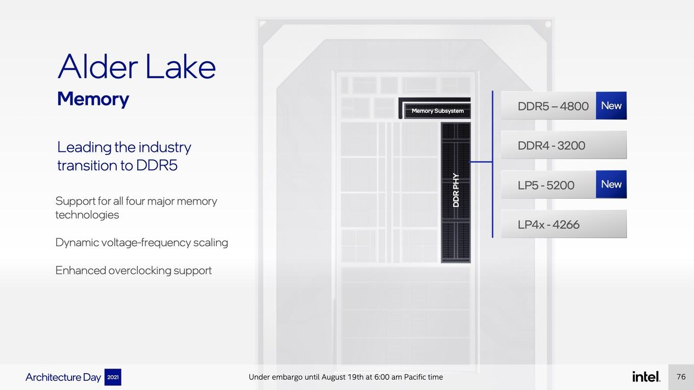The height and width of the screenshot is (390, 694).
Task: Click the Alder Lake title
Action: click(x=136, y=67)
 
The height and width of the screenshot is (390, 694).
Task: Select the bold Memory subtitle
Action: click(x=93, y=99)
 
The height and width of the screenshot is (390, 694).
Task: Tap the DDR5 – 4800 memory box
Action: click(x=549, y=106)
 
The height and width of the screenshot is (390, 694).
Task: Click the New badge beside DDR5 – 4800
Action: click(x=611, y=106)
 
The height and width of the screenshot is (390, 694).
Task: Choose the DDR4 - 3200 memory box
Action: click(x=564, y=145)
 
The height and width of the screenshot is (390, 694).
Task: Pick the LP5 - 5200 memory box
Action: click(x=549, y=185)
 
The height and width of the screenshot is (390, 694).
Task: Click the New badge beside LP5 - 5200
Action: click(x=611, y=184)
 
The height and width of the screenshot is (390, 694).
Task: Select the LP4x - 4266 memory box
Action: click(x=564, y=224)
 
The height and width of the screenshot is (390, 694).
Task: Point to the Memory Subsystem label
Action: click(x=437, y=111)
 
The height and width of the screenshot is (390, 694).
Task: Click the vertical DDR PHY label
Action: click(x=456, y=190)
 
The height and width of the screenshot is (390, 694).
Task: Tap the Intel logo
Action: click(x=646, y=376)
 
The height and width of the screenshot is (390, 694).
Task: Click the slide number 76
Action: click(x=681, y=377)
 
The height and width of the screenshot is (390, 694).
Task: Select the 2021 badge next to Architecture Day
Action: click(x=113, y=377)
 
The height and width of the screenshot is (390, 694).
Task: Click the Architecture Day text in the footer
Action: click(x=63, y=377)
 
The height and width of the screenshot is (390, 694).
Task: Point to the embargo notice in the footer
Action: click(x=346, y=377)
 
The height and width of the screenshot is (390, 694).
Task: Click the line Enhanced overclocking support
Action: click(x=134, y=271)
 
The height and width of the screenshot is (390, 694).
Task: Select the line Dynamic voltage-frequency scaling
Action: click(x=141, y=243)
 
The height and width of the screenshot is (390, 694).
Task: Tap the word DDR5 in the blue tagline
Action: click(x=157, y=165)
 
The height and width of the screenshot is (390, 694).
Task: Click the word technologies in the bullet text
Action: click(x=87, y=215)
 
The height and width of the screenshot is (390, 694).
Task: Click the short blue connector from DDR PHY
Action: click(x=481, y=162)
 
